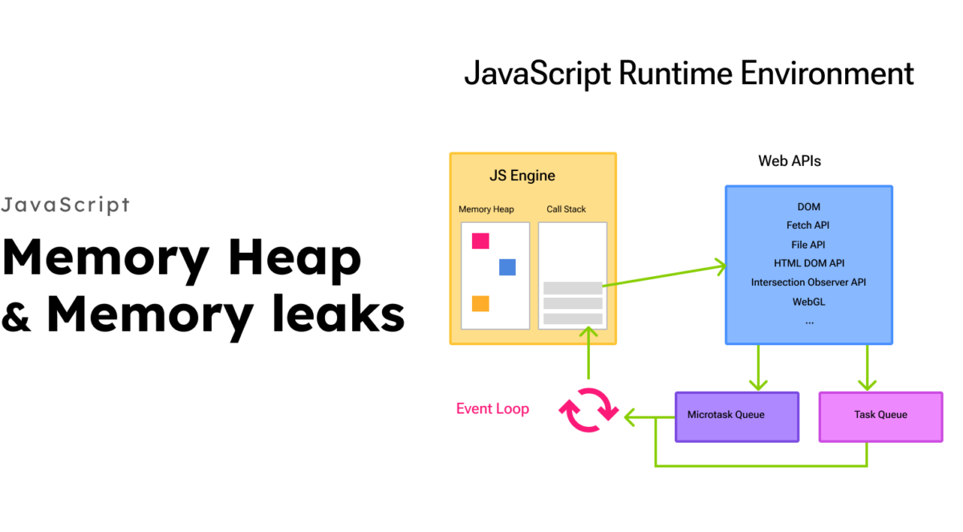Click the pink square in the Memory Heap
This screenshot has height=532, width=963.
click(x=481, y=241)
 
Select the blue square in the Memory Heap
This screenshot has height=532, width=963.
click(x=507, y=267)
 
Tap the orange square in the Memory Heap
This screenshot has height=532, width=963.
click(x=481, y=303)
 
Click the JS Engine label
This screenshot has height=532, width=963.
click(x=522, y=176)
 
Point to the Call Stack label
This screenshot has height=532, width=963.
click(x=567, y=209)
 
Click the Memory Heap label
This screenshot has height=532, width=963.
click(x=486, y=209)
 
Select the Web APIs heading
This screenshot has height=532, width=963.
click(x=790, y=161)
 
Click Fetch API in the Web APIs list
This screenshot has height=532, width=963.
click(x=808, y=225)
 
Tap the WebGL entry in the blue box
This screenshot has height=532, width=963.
click(x=809, y=302)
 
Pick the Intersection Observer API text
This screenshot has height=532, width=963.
click(x=808, y=282)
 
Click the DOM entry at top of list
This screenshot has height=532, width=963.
click(x=809, y=207)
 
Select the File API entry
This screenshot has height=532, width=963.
click(x=808, y=245)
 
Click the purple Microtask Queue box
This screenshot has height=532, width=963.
click(x=737, y=416)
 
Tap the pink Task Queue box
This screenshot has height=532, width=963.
click(x=880, y=416)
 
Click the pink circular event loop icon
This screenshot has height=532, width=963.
click(x=589, y=409)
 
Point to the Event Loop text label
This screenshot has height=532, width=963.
click(x=493, y=409)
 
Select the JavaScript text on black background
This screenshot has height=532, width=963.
click(x=65, y=205)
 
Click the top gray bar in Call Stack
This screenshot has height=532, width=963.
click(x=572, y=288)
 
